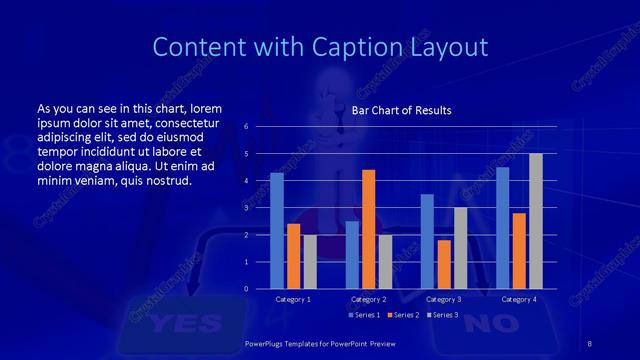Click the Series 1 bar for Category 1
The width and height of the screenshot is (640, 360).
coord(277,230)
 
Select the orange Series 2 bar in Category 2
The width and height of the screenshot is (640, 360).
coord(368,229)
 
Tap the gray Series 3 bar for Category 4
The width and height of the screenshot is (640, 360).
coord(535,221)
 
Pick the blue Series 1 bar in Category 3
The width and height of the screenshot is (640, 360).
coord(427,241)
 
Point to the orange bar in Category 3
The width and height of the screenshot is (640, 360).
coord(443,264)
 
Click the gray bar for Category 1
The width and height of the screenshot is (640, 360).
coord(309,261)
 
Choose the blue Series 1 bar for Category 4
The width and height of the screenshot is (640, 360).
coord(502,227)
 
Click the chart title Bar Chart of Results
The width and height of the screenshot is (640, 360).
coord(401,110)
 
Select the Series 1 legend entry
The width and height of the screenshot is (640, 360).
coord(364,315)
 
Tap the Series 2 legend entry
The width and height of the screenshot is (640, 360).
coord(403,315)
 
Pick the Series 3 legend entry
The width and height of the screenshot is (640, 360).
coord(441,315)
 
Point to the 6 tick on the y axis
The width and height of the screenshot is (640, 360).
coord(246,126)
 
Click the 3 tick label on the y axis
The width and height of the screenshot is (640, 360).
coord(246,208)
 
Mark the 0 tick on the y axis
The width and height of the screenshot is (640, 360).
coord(246,289)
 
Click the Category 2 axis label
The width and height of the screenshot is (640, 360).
coord(368,299)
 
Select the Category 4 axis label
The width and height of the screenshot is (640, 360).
coord(518,299)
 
